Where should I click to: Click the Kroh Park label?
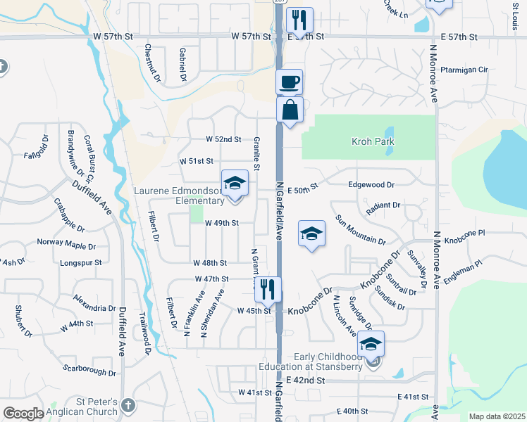(373, 142)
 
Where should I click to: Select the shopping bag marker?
(290, 110)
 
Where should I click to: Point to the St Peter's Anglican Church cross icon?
(128, 405)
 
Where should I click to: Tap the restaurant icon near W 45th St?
(268, 289)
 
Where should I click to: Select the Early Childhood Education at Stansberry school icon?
(370, 344)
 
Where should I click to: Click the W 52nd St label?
(223, 140)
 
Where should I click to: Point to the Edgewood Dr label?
(371, 184)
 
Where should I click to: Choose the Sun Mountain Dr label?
(360, 229)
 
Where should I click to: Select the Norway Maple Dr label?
(66, 245)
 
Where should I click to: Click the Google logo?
(23, 414)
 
